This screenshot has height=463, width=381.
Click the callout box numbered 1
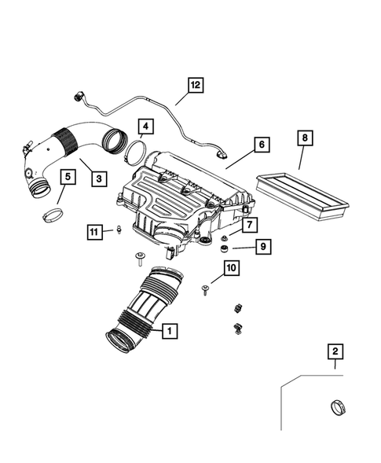click(168, 332)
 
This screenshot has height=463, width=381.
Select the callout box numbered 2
click(335, 352)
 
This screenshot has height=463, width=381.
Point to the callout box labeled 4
click(145, 126)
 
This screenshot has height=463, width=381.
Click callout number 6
click(261, 145)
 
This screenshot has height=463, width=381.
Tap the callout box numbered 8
click(304, 139)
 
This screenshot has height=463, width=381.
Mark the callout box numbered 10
click(230, 270)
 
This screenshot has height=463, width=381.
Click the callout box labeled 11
click(94, 230)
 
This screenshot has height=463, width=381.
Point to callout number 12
click(194, 85)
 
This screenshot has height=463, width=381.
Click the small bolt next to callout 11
click(117, 229)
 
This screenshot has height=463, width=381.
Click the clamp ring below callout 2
click(336, 410)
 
